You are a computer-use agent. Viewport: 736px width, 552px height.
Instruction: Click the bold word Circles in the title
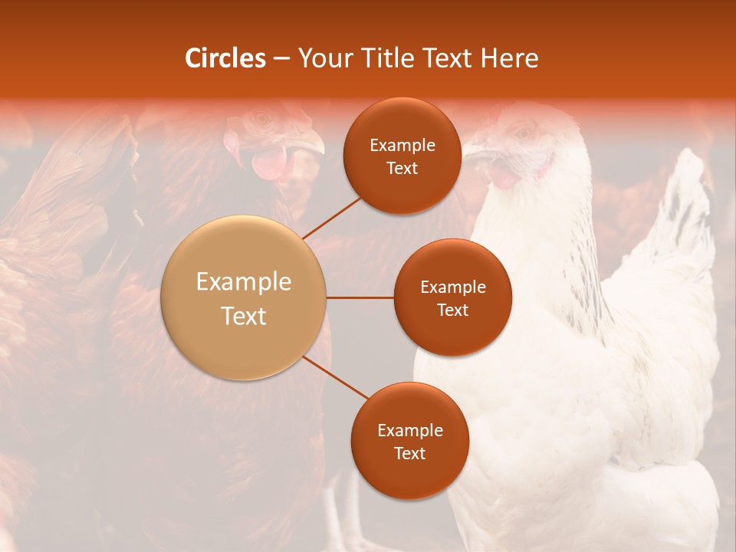point(225,58)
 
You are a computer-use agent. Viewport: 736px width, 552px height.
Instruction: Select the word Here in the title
point(510,58)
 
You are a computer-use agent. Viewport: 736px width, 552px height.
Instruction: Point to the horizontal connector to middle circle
point(360,297)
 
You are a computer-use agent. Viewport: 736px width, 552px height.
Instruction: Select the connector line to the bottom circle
point(335,378)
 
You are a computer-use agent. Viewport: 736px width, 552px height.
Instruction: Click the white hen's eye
point(526,133)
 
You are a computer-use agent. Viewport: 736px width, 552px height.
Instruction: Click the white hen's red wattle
point(504,176)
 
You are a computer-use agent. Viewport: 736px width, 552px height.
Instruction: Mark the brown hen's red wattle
point(268,163)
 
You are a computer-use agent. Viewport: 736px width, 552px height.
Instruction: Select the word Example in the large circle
point(244,282)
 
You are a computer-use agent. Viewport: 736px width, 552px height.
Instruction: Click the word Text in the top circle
point(402,168)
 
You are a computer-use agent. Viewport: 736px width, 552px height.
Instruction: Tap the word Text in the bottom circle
point(409,453)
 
